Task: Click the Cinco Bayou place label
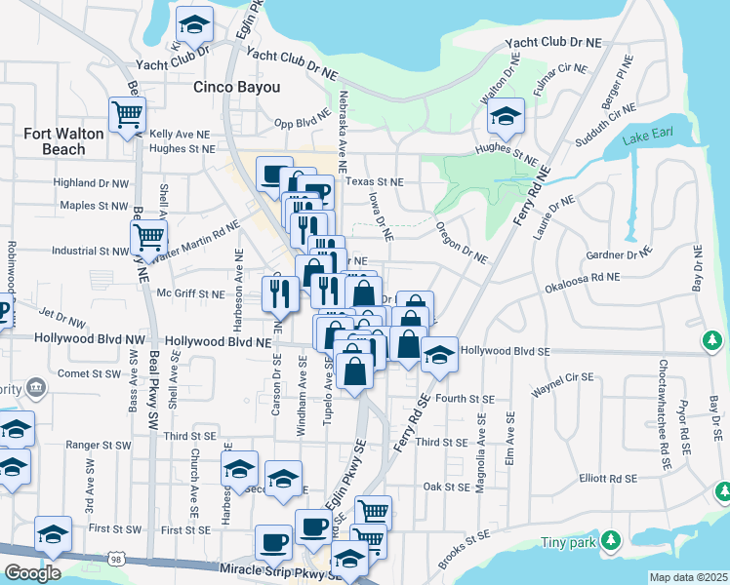point(237,87)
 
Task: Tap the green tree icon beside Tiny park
point(612,538)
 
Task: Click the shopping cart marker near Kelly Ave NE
point(127,115)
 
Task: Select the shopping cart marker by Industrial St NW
point(148,235)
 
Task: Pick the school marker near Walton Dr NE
point(505,117)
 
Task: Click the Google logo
point(32,573)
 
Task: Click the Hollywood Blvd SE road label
point(506,350)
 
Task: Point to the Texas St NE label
point(375,181)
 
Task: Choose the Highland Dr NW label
point(91,182)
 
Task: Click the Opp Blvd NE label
point(298,124)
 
